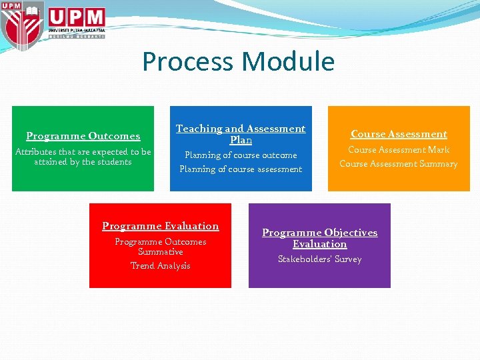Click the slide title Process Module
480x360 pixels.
coord(238,61)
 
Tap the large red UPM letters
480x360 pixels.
coord(77,17)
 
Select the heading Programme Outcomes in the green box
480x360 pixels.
coord(83,136)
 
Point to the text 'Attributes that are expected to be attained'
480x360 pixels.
coord(83,157)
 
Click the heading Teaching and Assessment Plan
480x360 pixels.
coord(241,134)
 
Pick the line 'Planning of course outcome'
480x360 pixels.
coord(241,155)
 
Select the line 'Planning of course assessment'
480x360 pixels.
coord(241,169)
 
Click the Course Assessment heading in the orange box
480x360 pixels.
coord(399,134)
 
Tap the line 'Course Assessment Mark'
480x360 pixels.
coord(399,150)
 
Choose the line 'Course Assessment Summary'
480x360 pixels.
coord(399,164)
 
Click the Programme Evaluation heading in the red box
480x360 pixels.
coord(160,226)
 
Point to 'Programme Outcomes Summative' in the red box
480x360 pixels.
coord(160,247)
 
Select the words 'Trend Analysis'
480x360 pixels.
coord(160,266)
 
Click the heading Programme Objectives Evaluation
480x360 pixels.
coord(319,238)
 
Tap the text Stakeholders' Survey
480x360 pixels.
coord(319,259)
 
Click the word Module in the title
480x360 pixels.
coord(289,61)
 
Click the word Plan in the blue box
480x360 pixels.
coord(241,141)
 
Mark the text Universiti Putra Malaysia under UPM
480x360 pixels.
coord(77,30)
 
